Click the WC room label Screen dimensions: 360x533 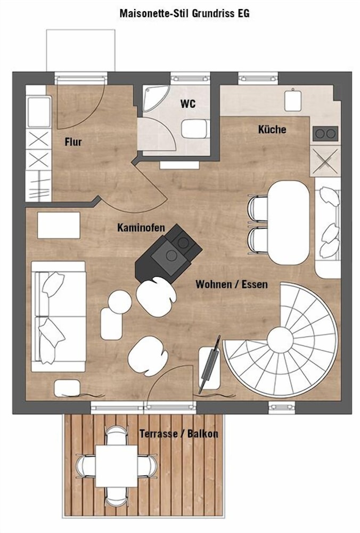(x=188, y=103)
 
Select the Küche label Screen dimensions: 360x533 (x=272, y=129)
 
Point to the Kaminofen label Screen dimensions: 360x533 (x=141, y=228)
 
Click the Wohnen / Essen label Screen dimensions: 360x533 (x=232, y=284)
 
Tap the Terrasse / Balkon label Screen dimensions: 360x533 (x=178, y=433)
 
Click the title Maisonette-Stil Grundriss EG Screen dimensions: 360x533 (x=184, y=13)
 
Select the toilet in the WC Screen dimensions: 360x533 (x=195, y=129)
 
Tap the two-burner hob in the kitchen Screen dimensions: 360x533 (x=325, y=133)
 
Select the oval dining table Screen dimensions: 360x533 (x=289, y=223)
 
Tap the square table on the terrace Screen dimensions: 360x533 (x=117, y=466)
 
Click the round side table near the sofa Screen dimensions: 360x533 (x=119, y=301)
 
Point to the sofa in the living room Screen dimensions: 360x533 (x=58, y=316)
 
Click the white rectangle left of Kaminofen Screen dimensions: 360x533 (x=59, y=225)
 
